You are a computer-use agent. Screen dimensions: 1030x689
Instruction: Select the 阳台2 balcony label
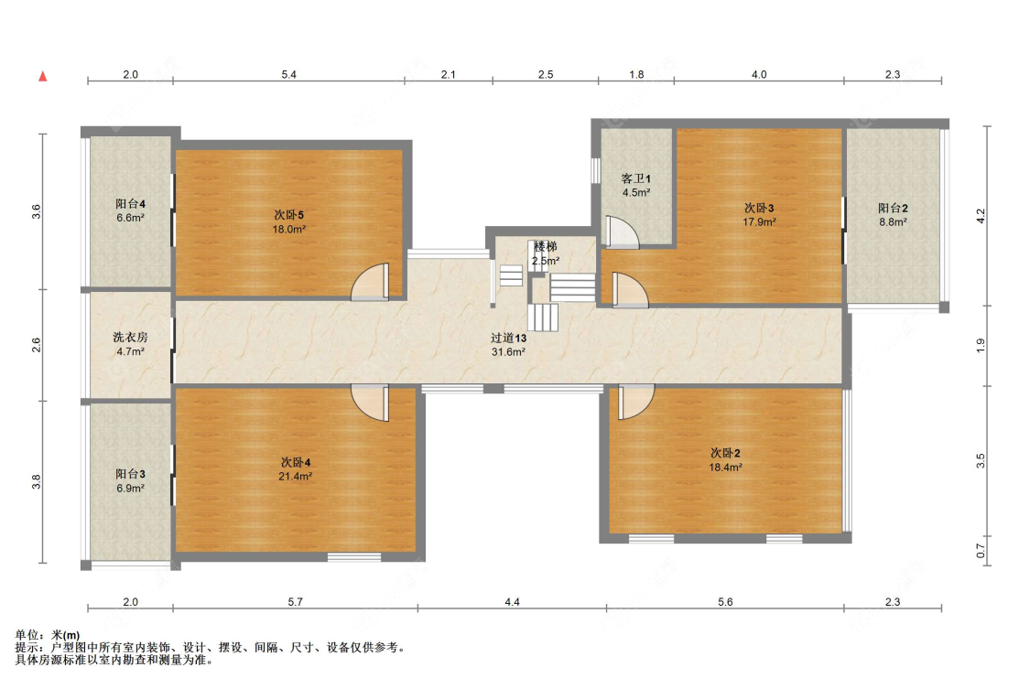[x=892, y=208]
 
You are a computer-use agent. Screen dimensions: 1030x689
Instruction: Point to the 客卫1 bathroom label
[x=635, y=178]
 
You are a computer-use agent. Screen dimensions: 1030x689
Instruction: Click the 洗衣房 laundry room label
[x=130, y=337]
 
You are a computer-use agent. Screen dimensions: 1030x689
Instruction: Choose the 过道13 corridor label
[x=508, y=338]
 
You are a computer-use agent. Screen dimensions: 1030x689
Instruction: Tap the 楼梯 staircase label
[x=545, y=247]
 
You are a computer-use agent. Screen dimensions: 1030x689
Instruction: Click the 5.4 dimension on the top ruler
[x=288, y=75]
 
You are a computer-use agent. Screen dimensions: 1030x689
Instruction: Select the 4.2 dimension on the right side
[x=981, y=216]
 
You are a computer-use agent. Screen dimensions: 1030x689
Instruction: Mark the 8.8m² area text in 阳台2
[x=892, y=221]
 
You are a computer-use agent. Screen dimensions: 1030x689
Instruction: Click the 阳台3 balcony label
[x=130, y=474]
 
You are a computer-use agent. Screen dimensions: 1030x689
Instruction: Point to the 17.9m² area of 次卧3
[x=759, y=221]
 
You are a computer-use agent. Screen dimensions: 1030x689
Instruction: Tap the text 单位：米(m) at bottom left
[x=48, y=635]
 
